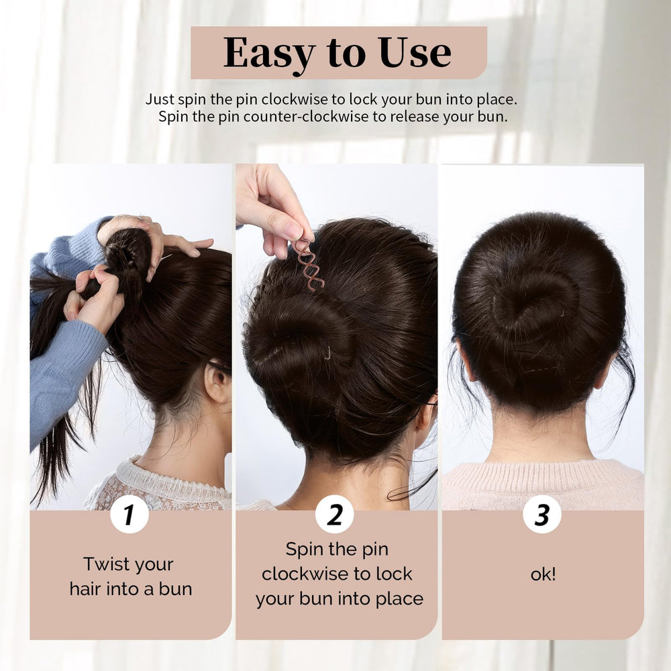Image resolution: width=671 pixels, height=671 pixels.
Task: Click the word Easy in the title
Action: [269, 54]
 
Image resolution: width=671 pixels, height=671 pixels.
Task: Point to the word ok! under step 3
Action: [543, 574]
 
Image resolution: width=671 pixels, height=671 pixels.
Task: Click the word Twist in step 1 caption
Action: [105, 564]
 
